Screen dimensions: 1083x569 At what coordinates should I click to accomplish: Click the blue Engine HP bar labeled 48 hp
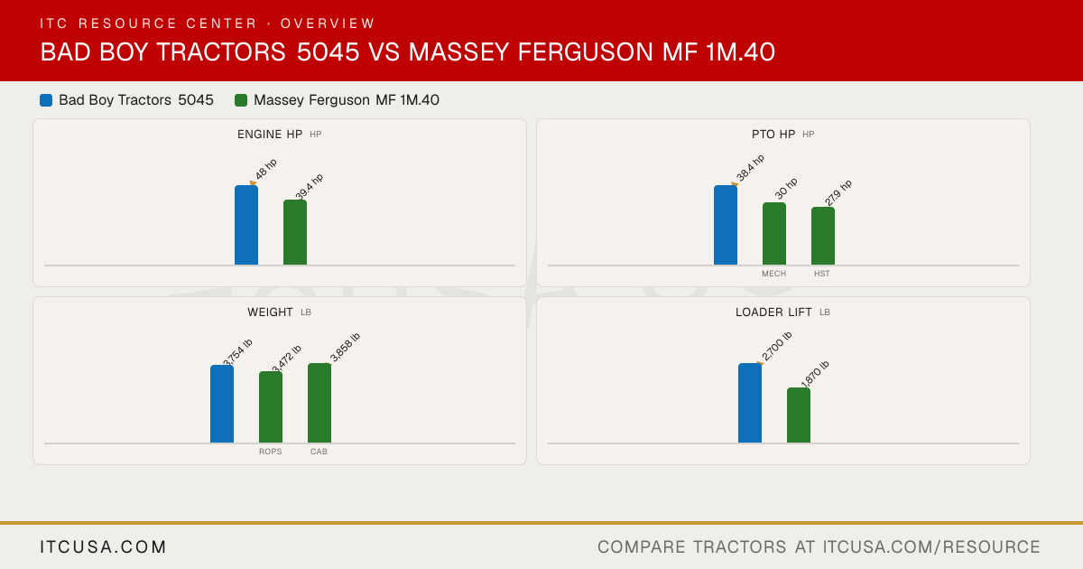[246, 225]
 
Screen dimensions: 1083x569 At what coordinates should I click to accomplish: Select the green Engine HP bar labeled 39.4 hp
[295, 232]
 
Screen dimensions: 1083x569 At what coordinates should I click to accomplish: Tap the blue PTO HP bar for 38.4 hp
[726, 225]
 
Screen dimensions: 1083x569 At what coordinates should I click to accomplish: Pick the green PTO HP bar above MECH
[774, 234]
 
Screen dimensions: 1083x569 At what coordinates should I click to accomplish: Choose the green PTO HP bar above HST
[823, 236]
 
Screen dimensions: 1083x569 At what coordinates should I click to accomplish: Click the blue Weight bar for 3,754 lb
[222, 404]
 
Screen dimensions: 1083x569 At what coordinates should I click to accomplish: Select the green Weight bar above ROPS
[271, 407]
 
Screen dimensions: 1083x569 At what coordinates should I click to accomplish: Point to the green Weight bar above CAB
[319, 403]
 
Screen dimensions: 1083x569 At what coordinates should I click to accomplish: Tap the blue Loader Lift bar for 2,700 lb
[750, 403]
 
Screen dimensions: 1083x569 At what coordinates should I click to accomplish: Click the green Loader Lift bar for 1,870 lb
[799, 415]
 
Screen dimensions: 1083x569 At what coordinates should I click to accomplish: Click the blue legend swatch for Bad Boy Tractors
[46, 100]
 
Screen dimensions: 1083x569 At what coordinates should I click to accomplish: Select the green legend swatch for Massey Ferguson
[241, 100]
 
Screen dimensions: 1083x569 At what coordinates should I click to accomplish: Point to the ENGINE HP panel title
[270, 135]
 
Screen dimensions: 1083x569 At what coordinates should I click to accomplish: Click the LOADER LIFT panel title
[773, 312]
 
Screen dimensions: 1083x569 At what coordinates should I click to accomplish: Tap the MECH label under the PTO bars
[774, 274]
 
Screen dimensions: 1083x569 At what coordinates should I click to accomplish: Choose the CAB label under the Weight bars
[319, 452]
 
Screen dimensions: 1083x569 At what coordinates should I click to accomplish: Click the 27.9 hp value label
[838, 192]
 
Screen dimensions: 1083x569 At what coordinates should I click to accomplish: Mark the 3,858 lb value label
[345, 348]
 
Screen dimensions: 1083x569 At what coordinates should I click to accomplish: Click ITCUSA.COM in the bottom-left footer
[103, 547]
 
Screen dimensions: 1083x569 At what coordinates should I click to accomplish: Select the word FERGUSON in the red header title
[585, 52]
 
